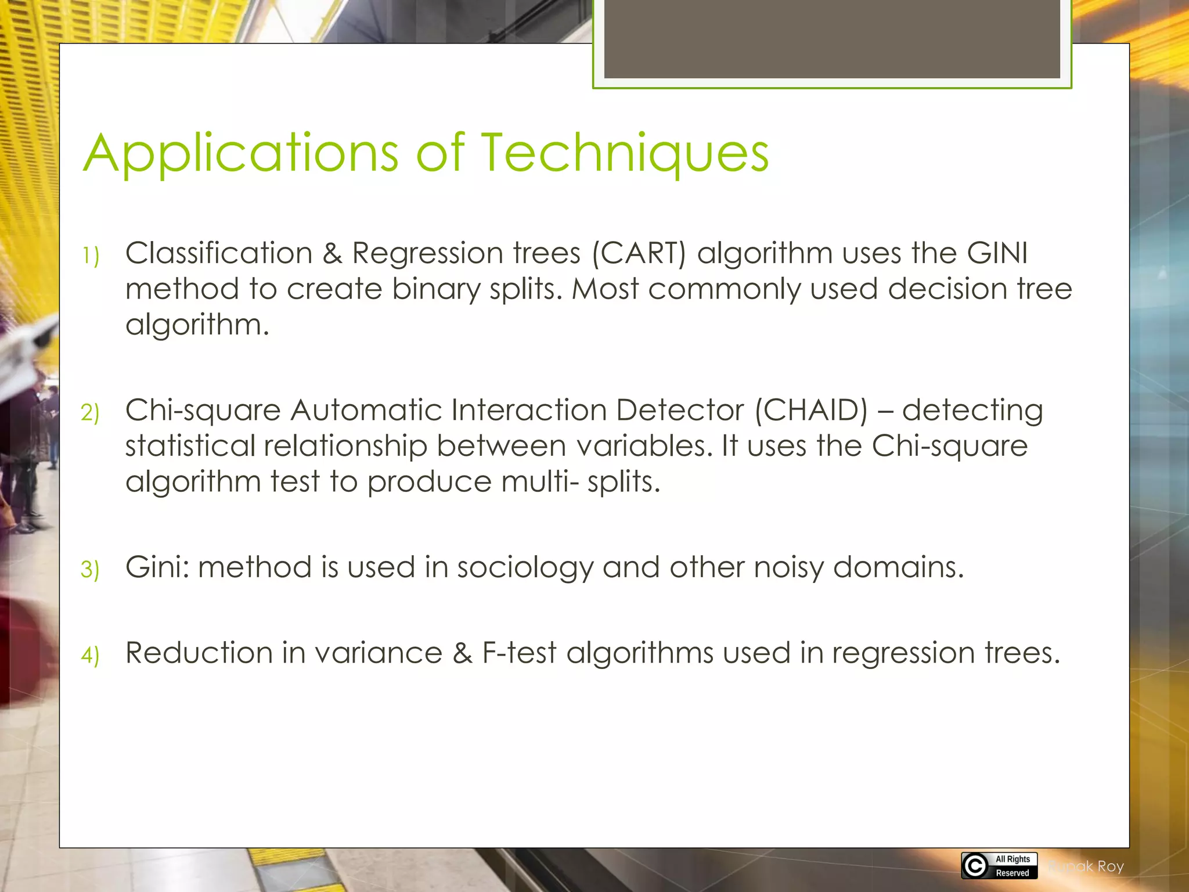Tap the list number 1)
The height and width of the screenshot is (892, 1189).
[x=91, y=256]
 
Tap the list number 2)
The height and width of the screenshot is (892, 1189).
[x=91, y=413]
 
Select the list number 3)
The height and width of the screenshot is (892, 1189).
[x=91, y=570]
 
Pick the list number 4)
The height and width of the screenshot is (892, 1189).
[x=91, y=656]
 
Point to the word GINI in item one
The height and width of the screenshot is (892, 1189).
[x=997, y=254]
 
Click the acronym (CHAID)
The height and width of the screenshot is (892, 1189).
[x=810, y=411]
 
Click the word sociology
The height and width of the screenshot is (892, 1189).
[x=525, y=567]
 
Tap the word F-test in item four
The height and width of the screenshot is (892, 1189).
[x=519, y=653]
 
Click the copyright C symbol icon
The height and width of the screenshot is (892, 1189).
[x=975, y=866]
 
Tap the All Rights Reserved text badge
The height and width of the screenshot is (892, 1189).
[x=1012, y=866]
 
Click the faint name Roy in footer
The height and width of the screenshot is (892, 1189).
[x=1110, y=866]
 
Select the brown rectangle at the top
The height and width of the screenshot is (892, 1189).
[x=831, y=39]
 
